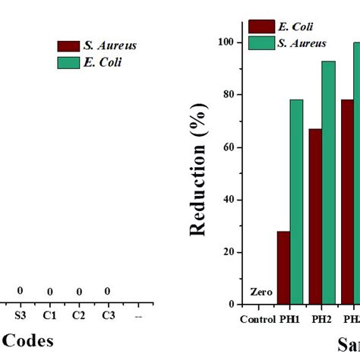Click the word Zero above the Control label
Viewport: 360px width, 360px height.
click(261, 292)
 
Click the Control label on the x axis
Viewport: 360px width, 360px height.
click(257, 319)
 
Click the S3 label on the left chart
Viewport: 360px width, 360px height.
click(21, 314)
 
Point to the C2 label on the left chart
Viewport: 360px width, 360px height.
click(78, 314)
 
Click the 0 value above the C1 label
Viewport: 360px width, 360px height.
click(49, 292)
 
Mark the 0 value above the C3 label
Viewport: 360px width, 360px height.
click(107, 292)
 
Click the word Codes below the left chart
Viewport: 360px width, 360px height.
click(27, 341)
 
